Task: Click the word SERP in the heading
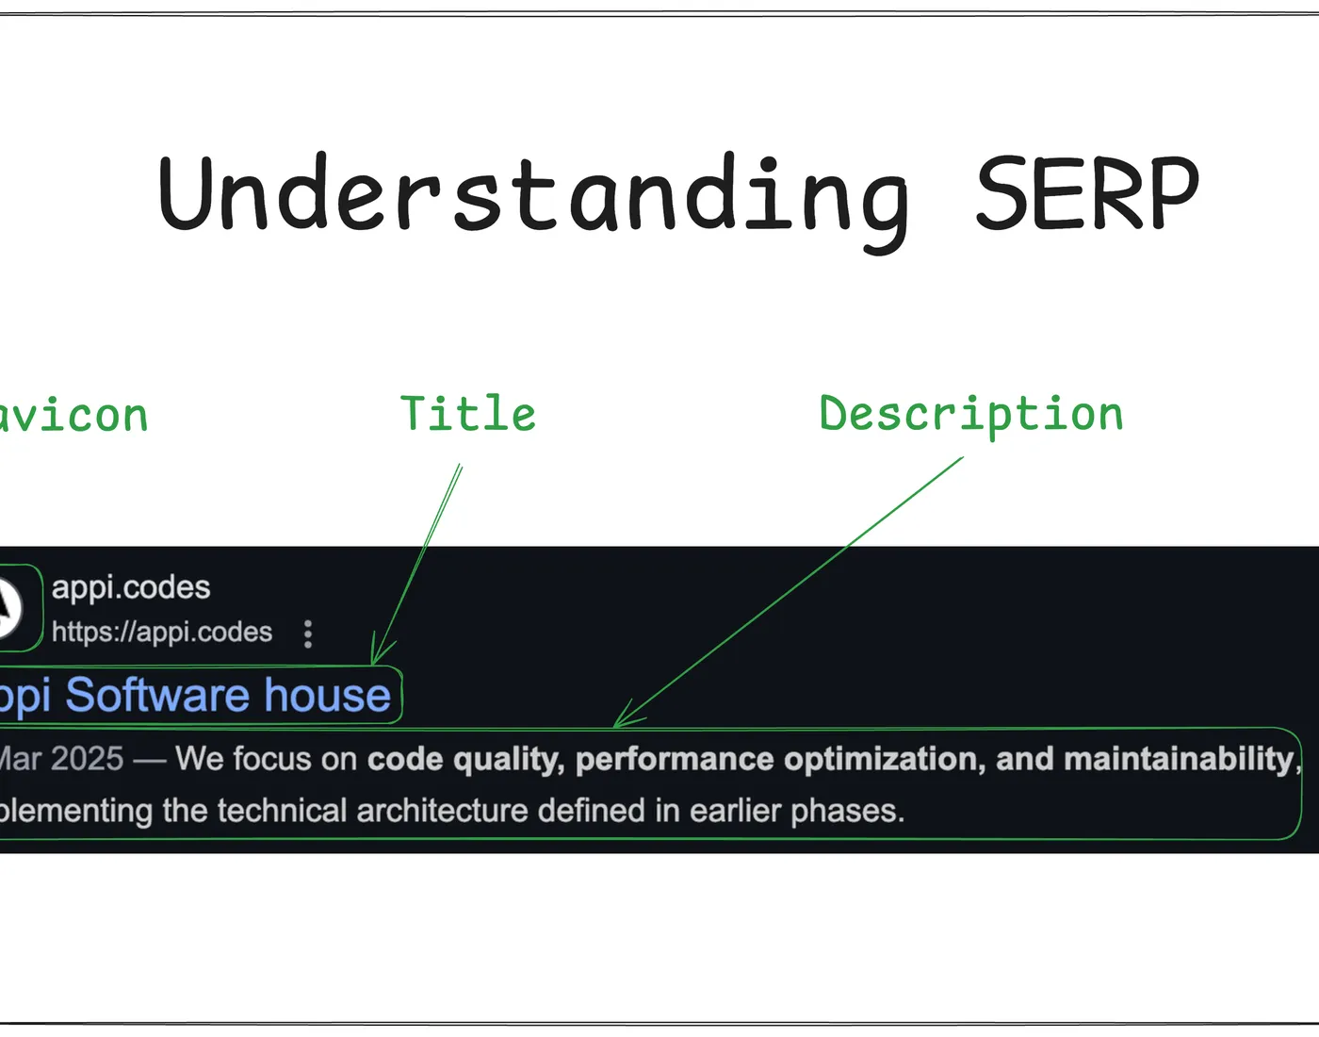[1086, 193]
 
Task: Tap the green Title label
[468, 414]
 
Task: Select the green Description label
[971, 415]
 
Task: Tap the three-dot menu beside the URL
[308, 634]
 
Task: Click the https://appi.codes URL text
[162, 632]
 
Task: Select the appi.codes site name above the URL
[131, 587]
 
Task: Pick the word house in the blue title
[327, 696]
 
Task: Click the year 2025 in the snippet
[87, 759]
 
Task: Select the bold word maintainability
[1178, 759]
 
